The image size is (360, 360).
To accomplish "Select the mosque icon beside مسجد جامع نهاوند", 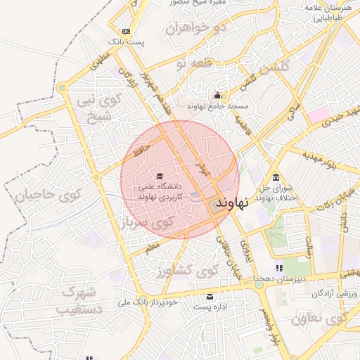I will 217,96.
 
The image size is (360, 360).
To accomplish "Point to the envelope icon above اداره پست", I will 209,296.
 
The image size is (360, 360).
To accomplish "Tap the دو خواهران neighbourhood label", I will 196,29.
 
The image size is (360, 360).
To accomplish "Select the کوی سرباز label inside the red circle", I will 148,224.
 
